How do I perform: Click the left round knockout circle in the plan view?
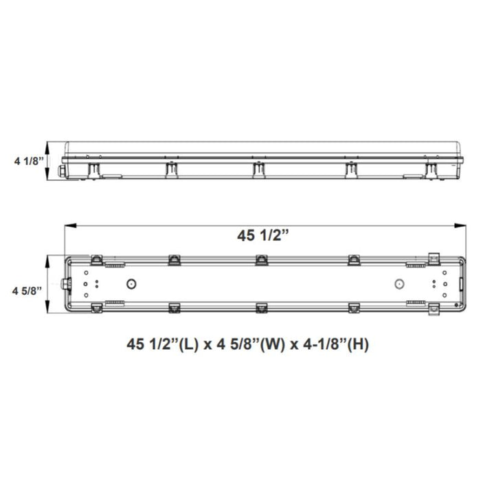coord(131,284)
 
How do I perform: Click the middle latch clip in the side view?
coord(258,168)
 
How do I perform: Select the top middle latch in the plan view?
coord(261,259)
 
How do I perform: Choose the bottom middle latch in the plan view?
coord(261,308)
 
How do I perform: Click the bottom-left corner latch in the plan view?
coord(97,309)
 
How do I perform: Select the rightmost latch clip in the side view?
coord(431,169)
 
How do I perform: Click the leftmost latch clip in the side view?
coord(92,169)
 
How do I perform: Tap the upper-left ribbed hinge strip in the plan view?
coord(115,264)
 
